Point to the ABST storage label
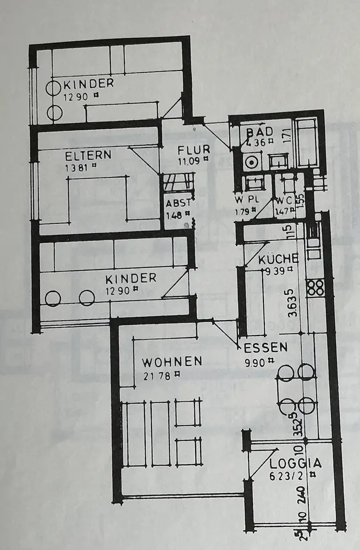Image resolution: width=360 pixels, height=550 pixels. [178, 203]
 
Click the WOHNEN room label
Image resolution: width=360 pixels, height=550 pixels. [172, 362]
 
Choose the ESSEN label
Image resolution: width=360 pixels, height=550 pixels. [266, 347]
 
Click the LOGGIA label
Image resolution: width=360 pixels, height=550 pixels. [295, 463]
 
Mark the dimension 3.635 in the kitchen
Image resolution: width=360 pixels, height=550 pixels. [293, 302]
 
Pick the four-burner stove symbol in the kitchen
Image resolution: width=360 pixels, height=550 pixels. [314, 288]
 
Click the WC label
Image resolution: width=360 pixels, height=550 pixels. [284, 200]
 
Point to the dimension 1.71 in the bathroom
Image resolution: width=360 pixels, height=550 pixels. [287, 135]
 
